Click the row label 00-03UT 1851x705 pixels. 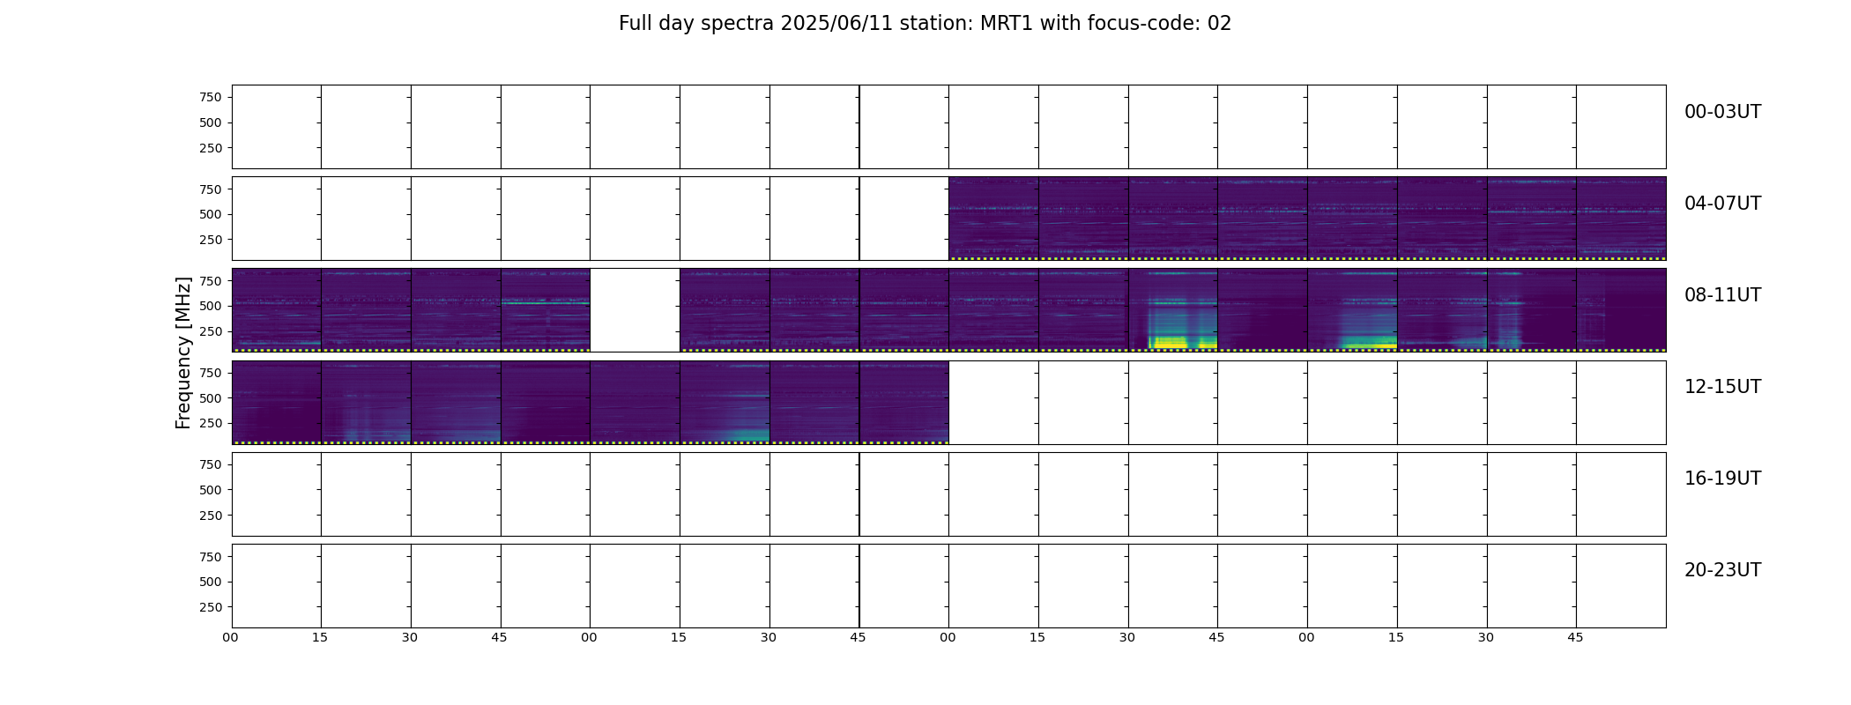coord(1722,112)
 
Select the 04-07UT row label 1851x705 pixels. coord(1722,204)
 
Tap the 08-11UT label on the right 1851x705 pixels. coord(1722,295)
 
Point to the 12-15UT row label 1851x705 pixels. coord(1722,387)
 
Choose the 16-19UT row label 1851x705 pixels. coord(1722,479)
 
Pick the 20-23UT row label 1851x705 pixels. coord(1722,570)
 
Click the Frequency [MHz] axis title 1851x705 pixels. coord(183,352)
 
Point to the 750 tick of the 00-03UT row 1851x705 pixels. coord(211,97)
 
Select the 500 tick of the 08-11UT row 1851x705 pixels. coord(211,306)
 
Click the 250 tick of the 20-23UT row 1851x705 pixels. coord(211,607)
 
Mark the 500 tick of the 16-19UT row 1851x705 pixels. coord(211,490)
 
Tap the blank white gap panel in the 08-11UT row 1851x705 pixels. coord(635,310)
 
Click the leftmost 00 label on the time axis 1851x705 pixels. coord(230,637)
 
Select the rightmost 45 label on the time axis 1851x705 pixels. coord(1575,637)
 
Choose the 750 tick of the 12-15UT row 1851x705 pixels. coord(211,373)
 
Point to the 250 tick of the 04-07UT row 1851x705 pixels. coord(211,240)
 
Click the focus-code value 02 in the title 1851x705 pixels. coord(1219,24)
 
